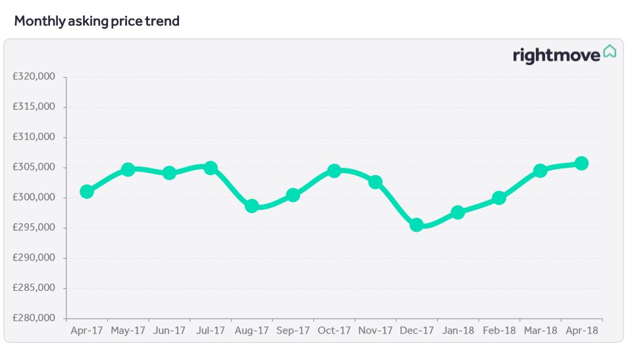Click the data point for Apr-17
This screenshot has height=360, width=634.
pos(86,192)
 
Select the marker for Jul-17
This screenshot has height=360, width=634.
pos(211,168)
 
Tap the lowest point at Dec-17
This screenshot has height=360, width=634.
pos(416,224)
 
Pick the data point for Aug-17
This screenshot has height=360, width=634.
pos(251,206)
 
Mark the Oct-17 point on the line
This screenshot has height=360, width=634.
pos(334,170)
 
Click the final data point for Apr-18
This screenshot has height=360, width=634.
pos(581,163)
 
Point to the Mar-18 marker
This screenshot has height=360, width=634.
pos(540,170)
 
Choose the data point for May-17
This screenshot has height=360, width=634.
pos(128,169)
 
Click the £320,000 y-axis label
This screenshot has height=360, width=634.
pos(34,77)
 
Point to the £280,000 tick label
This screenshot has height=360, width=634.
pos(34,319)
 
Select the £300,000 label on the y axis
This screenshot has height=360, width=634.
pos(34,197)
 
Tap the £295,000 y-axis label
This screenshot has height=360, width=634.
pos(34,228)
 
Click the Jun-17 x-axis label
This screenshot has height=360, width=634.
pos(169,331)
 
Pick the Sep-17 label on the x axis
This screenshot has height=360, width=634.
pos(293,331)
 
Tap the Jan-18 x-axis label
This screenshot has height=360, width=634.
pos(458,331)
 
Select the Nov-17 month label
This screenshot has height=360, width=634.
pos(375,331)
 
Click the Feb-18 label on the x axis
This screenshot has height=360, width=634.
pos(499,331)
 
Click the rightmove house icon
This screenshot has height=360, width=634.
pos(610,51)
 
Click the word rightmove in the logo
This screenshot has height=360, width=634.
pos(556,55)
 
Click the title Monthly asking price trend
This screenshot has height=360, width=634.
pos(97,21)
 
